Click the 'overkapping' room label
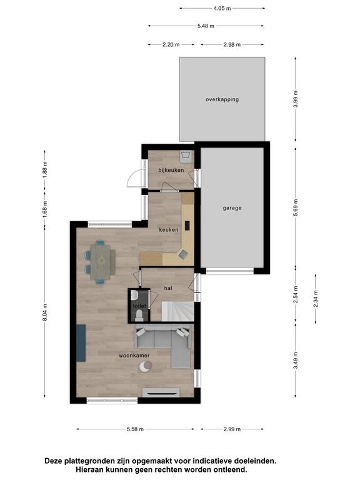pyautogui.click(x=222, y=99)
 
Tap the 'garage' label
pyautogui.click(x=232, y=208)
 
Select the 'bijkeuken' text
pyautogui.click(x=171, y=170)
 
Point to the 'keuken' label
pyautogui.click(x=169, y=229)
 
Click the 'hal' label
pyautogui.click(x=168, y=288)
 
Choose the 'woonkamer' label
pyautogui.click(x=134, y=356)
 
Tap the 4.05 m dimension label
pyautogui.click(x=222, y=9)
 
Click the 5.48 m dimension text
pyautogui.click(x=206, y=26)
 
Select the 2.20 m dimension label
pyautogui.click(x=171, y=45)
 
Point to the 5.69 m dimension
pyautogui.click(x=296, y=207)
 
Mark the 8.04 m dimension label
pyautogui.click(x=45, y=312)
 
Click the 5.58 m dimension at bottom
pyautogui.click(x=135, y=429)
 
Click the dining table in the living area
pyautogui.click(x=101, y=262)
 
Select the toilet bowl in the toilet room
pyautogui.click(x=139, y=315)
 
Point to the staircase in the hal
pyautogui.click(x=178, y=311)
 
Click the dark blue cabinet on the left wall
pyautogui.click(x=81, y=343)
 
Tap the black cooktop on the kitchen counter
pyautogui.click(x=187, y=226)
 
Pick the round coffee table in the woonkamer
pyautogui.click(x=146, y=366)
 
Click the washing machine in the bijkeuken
pyautogui.click(x=186, y=156)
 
